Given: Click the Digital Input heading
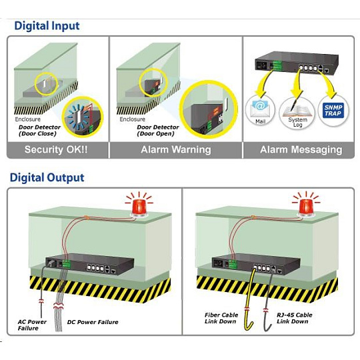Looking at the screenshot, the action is coord(47,26).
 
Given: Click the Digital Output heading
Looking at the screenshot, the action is coord(47,178).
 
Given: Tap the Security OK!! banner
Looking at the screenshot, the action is coord(56,149).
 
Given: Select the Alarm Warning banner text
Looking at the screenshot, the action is coord(176,149).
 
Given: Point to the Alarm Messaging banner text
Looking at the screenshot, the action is coord(301,150).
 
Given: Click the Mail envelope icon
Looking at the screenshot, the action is coord(260,108).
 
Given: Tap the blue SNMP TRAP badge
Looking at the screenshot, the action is coord(333,111).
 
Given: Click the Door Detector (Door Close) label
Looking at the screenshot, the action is coord(39,131).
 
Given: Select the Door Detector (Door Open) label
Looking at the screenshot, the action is coord(158,131).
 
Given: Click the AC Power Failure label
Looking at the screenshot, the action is coord(32,325).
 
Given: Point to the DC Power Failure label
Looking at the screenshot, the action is coord(93,322).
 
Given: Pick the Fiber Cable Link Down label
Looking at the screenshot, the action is coord(221,318).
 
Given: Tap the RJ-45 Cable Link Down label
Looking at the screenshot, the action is coord(295,318).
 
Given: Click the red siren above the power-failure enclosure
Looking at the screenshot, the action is coord(139,208).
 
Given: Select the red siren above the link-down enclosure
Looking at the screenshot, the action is coord(306,207).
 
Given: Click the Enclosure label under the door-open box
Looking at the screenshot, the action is coord(132,119).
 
